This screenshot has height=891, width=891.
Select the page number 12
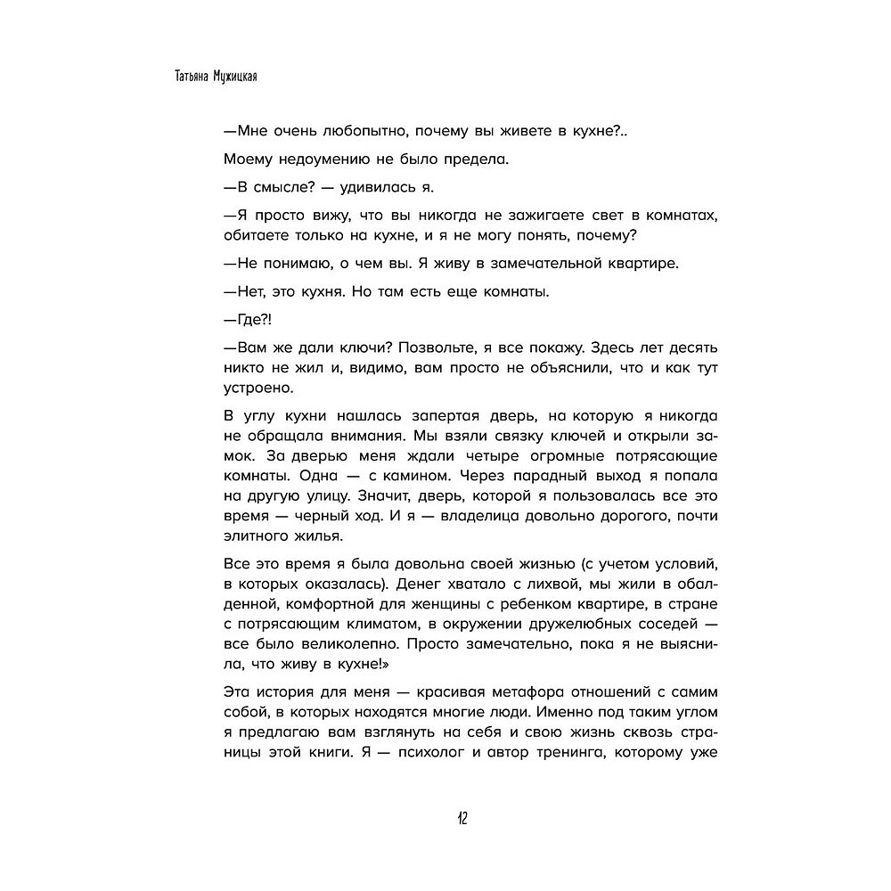(445, 819)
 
